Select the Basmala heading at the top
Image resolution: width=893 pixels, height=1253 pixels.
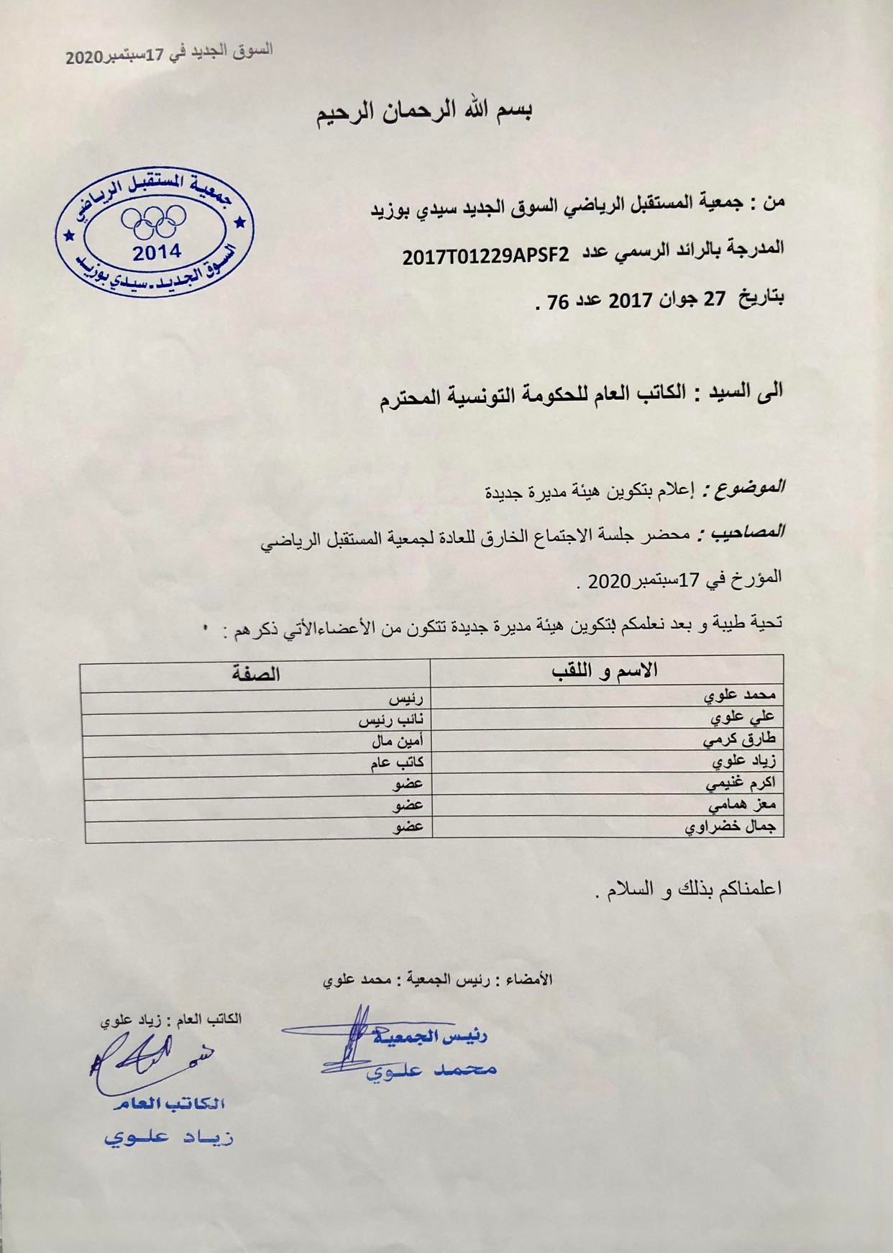pos(428,113)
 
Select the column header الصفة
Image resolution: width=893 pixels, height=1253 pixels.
pos(256,674)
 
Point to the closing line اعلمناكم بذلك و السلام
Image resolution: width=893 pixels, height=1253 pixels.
pos(690,890)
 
